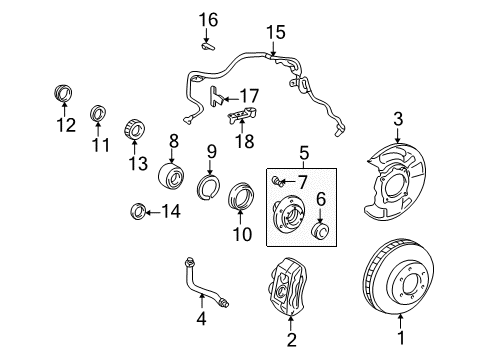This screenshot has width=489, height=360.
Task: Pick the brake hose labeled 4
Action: tap(323, 232)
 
